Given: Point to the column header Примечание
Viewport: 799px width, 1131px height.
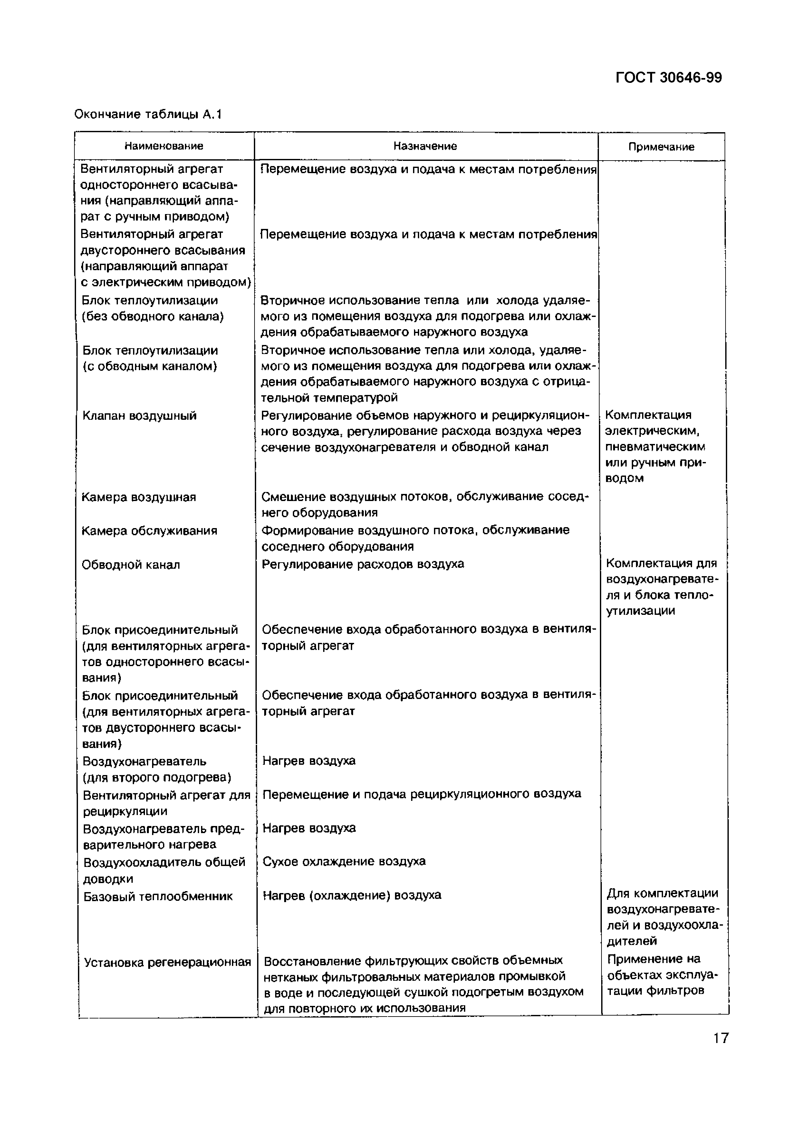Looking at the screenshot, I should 661,147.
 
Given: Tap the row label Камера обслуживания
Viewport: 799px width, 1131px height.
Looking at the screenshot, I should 149,531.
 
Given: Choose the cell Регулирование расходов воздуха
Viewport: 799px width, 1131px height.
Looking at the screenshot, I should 363,564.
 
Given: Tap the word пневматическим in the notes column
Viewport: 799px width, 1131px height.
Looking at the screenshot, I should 655,447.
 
